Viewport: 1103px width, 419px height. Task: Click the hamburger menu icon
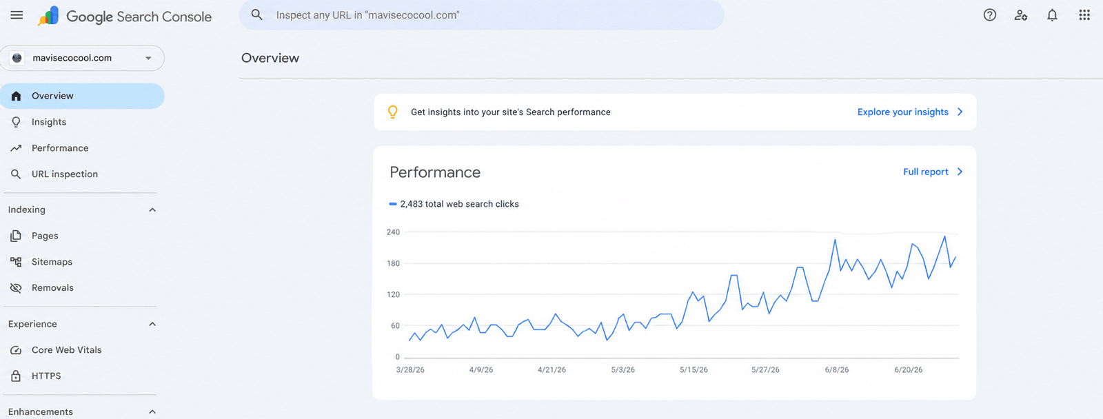coord(17,15)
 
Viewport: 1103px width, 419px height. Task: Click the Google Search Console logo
coord(48,16)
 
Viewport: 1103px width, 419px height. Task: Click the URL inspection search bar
coord(481,15)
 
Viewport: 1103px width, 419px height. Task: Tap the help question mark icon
coord(990,15)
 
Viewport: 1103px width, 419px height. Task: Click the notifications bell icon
coord(1052,15)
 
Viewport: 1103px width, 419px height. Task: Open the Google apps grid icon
coord(1084,15)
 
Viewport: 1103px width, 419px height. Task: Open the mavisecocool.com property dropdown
coord(82,58)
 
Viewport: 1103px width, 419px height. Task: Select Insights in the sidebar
coord(49,122)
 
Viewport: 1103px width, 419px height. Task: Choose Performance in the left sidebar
coord(60,148)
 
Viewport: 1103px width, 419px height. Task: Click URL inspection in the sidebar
coord(65,174)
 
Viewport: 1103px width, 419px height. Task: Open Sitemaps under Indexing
coord(52,262)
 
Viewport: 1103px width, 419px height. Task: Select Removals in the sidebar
coord(52,288)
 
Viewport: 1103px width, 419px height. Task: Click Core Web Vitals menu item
coord(66,350)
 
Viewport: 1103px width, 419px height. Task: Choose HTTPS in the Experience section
coord(46,376)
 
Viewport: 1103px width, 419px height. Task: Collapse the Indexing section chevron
coord(152,210)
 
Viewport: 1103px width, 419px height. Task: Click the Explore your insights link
coord(910,112)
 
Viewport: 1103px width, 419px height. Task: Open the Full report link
coord(933,172)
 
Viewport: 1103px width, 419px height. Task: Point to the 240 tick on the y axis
coord(393,232)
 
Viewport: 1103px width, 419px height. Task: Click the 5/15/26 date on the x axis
coord(694,370)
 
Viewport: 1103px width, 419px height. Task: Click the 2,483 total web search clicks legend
coord(454,204)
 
